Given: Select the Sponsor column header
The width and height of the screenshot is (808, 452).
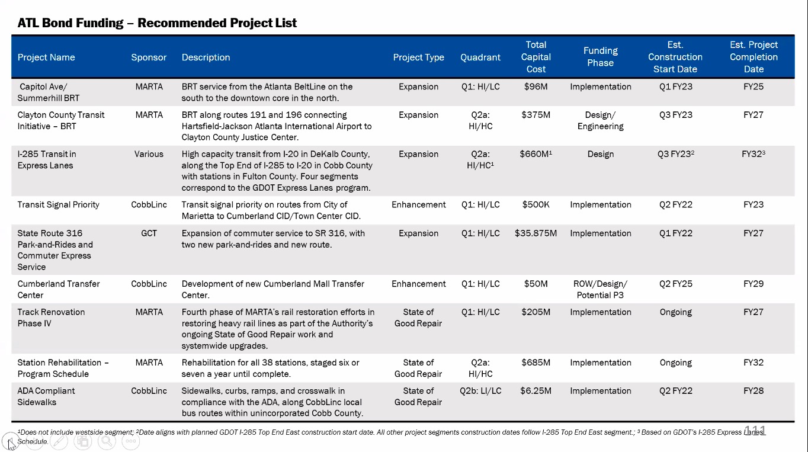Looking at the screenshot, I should [x=149, y=57].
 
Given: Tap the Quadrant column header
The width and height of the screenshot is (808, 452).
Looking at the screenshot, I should [x=480, y=57].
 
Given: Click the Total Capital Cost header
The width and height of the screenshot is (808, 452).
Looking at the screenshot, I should [x=536, y=57].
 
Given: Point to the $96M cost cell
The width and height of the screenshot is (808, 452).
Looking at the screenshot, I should [x=536, y=86].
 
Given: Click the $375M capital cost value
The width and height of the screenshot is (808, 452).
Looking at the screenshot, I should [x=536, y=115].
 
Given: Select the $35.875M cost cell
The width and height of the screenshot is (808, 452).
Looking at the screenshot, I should [x=536, y=233].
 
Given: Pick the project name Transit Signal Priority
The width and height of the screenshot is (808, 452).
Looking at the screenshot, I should [x=59, y=205].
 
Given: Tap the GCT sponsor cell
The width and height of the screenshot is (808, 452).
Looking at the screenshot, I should [x=149, y=233].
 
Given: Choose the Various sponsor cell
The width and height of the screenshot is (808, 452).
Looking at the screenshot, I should [x=149, y=154].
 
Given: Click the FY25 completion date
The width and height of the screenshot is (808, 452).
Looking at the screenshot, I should [x=754, y=86].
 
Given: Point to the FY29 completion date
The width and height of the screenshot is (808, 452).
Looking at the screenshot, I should [x=754, y=284].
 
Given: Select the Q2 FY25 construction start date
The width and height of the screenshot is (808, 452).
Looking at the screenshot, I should [x=675, y=284].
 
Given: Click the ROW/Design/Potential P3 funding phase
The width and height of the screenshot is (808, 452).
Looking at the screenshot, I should [x=600, y=289].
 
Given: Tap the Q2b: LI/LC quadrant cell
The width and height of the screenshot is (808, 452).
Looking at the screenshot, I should [x=480, y=391].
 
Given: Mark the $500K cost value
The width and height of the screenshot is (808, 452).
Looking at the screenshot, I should [x=536, y=205].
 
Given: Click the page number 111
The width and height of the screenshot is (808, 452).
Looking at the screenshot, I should [x=755, y=431].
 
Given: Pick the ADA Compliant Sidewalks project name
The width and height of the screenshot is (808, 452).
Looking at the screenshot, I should [x=46, y=396].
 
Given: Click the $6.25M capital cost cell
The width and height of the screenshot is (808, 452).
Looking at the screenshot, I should [x=536, y=391].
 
